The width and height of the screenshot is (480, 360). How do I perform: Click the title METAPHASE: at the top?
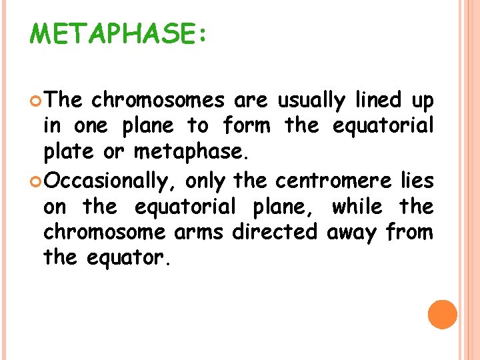click(118, 33)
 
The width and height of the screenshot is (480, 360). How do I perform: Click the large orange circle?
click(442, 314)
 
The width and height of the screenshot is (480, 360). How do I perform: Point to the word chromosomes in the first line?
click(159, 101)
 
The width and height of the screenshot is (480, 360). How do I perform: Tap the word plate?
click(66, 153)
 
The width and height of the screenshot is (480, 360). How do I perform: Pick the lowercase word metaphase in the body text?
click(191, 153)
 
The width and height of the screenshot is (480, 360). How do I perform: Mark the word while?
click(357, 206)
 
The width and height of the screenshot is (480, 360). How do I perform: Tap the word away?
click(354, 232)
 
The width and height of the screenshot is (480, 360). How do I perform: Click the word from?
click(411, 232)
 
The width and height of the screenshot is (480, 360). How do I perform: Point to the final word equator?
click(128, 257)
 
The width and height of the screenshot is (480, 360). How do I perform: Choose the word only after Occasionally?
click(205, 180)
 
